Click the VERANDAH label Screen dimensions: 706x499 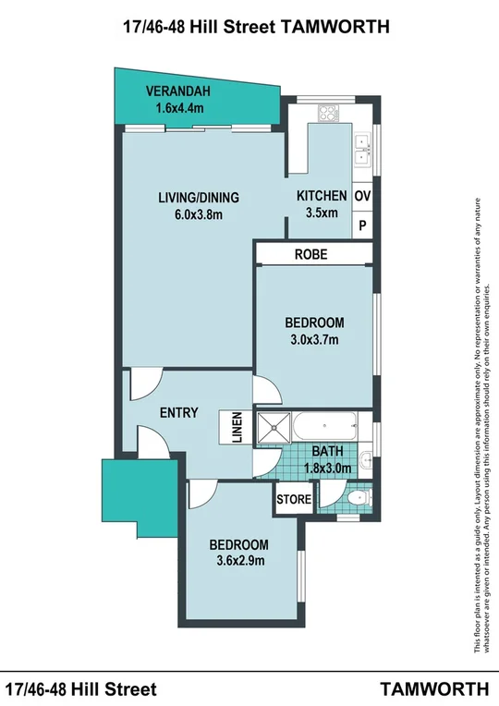click(179, 91)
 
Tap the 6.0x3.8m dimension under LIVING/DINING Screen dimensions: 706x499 click(198, 215)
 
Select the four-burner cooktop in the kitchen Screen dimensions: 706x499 click(330, 115)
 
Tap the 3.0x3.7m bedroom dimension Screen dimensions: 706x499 click(314, 339)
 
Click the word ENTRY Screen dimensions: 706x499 click(178, 412)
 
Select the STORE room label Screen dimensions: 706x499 click(294, 500)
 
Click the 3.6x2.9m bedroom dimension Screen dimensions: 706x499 click(237, 561)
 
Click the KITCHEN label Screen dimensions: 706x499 click(321, 196)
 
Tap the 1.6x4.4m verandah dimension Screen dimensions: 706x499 click(179, 107)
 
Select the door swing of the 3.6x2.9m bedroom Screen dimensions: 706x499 click(198, 496)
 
